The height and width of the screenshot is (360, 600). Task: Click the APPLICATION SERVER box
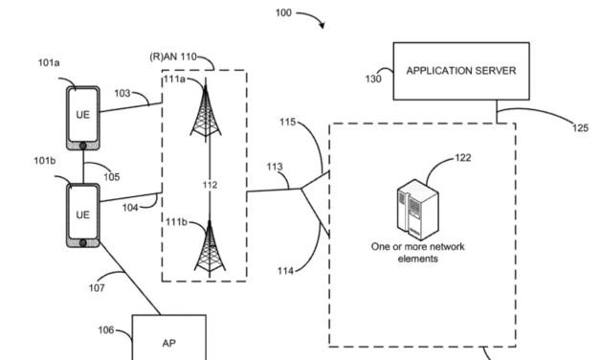[461, 72]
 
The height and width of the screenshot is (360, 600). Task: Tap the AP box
[168, 341]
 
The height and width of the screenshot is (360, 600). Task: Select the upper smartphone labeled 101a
[82, 116]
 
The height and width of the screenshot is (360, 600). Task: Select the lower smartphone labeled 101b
[81, 214]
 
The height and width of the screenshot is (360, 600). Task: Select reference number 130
[373, 79]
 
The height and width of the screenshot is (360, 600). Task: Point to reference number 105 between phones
[112, 176]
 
